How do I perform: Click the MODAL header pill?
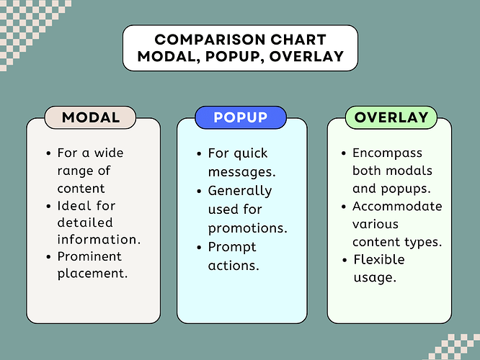91,117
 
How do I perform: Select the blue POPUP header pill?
241,117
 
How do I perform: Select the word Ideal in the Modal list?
74,205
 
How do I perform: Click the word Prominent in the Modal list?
89,256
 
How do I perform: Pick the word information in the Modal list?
97,239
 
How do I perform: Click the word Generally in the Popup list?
240,191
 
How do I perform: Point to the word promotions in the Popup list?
247,228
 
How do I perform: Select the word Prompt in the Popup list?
232,247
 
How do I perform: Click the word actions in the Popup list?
234,265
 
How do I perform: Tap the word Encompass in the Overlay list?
388,153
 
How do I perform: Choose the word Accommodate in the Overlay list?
397,206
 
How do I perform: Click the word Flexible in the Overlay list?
379,259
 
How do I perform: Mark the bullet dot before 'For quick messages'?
198,153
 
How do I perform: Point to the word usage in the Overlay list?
375,276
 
